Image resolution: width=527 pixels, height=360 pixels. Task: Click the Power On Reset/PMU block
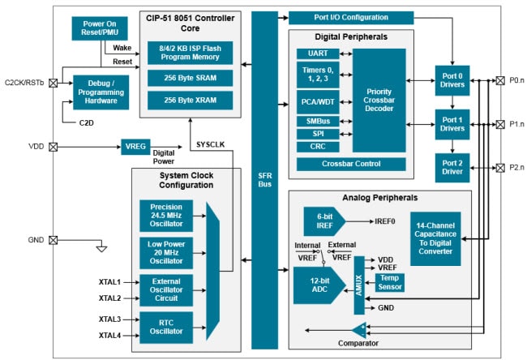(x=105, y=29)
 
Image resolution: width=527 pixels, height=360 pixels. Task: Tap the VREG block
(x=135, y=147)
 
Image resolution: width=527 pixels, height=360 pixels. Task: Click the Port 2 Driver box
(x=452, y=167)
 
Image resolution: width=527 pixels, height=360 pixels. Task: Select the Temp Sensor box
(x=391, y=281)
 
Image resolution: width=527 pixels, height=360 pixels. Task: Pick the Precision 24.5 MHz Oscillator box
(x=166, y=215)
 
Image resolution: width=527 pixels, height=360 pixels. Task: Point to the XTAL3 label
(x=109, y=319)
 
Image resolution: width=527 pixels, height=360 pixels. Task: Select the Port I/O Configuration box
(x=351, y=17)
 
